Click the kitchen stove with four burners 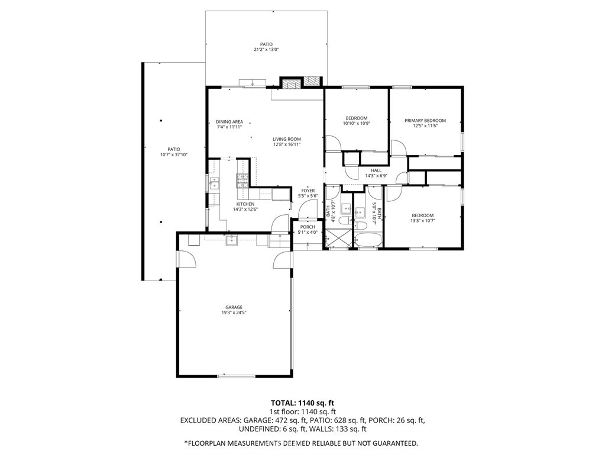(242, 181)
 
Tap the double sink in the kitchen (213, 183)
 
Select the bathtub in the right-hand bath (368, 240)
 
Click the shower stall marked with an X (338, 237)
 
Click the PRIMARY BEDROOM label (425, 120)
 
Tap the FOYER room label (308, 191)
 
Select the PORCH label (308, 227)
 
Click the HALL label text (376, 170)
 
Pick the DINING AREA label (229, 122)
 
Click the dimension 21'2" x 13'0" (266, 49)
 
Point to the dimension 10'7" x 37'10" (174, 155)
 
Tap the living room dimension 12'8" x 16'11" (287, 144)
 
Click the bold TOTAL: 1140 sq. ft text (303, 404)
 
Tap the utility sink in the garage (232, 240)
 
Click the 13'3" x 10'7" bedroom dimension (422, 221)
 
